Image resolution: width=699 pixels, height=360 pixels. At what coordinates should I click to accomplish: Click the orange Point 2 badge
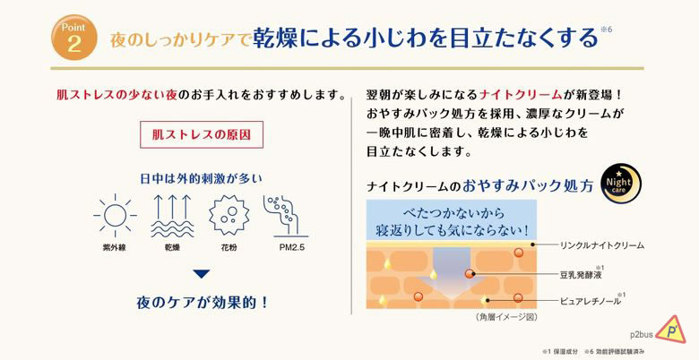[x=74, y=38]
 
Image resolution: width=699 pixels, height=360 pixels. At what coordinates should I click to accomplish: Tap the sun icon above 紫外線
[x=115, y=216]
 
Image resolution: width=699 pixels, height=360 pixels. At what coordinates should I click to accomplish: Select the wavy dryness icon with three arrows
[x=172, y=216]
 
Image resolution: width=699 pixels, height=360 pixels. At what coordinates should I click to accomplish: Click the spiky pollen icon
[x=229, y=215]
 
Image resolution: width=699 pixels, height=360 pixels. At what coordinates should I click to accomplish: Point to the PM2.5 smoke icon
[x=286, y=216]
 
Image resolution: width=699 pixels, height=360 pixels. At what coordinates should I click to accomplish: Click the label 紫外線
[x=115, y=248]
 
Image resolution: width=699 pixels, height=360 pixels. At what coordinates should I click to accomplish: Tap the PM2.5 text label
[x=292, y=248]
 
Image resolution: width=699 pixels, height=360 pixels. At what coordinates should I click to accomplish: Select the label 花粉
[x=229, y=248]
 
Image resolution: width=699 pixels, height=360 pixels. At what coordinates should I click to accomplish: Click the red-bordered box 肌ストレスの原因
[x=202, y=134]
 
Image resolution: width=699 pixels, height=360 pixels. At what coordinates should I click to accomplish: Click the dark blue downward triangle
[x=202, y=273]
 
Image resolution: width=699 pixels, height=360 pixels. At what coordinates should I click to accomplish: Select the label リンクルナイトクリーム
[x=602, y=245]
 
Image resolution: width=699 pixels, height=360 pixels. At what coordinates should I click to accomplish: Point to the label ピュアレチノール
[x=591, y=302]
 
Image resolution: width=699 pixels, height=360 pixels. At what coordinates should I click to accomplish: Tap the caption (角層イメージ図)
[x=506, y=317]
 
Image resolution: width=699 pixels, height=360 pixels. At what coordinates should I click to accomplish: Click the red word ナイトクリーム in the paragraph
[x=521, y=95]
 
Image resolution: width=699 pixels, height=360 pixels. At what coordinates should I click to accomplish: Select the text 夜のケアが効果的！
[x=203, y=303]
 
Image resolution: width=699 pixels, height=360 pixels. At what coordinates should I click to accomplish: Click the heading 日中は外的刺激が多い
[x=202, y=179]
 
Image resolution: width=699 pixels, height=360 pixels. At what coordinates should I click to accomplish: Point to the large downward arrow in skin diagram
[x=451, y=272]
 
